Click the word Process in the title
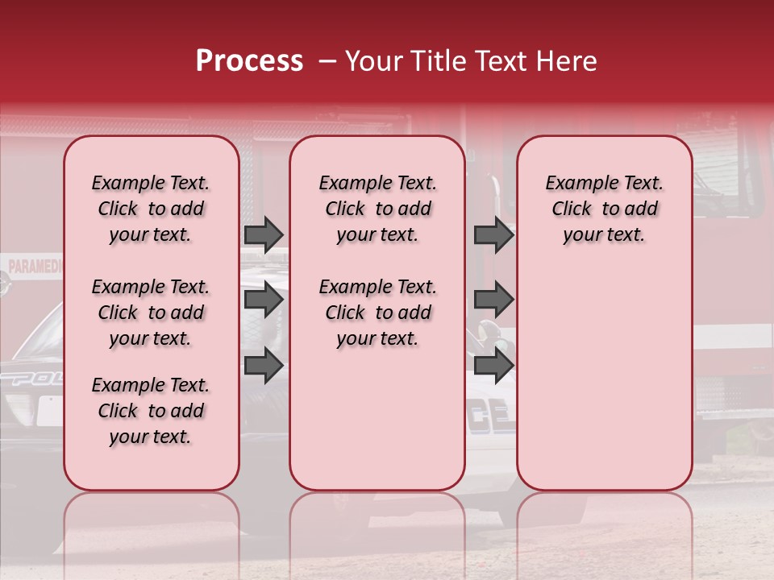[x=248, y=61]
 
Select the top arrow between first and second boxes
[x=264, y=234]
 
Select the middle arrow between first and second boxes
[x=264, y=300]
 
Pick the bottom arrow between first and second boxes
[x=264, y=365]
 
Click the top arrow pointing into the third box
[x=493, y=234]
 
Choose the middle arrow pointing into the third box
[x=493, y=300]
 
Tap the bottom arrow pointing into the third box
[x=493, y=365]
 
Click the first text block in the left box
[x=151, y=209]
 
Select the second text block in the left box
[x=151, y=313]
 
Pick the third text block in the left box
[x=151, y=411]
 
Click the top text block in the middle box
[x=377, y=209]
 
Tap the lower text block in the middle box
[x=377, y=313]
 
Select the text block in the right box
[x=604, y=209]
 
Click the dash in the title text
[x=327, y=62]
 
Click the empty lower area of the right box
[x=604, y=379]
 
